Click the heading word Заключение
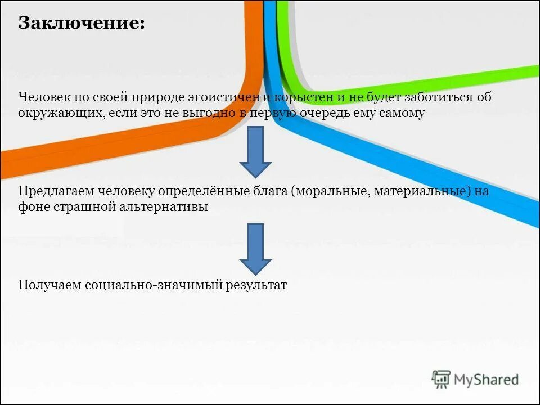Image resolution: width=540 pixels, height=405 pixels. pos(81,24)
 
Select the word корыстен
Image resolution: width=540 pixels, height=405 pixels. pos(302,97)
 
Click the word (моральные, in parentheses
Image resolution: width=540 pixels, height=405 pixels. pos(328,191)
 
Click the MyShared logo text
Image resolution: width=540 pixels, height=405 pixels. pos(486,380)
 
